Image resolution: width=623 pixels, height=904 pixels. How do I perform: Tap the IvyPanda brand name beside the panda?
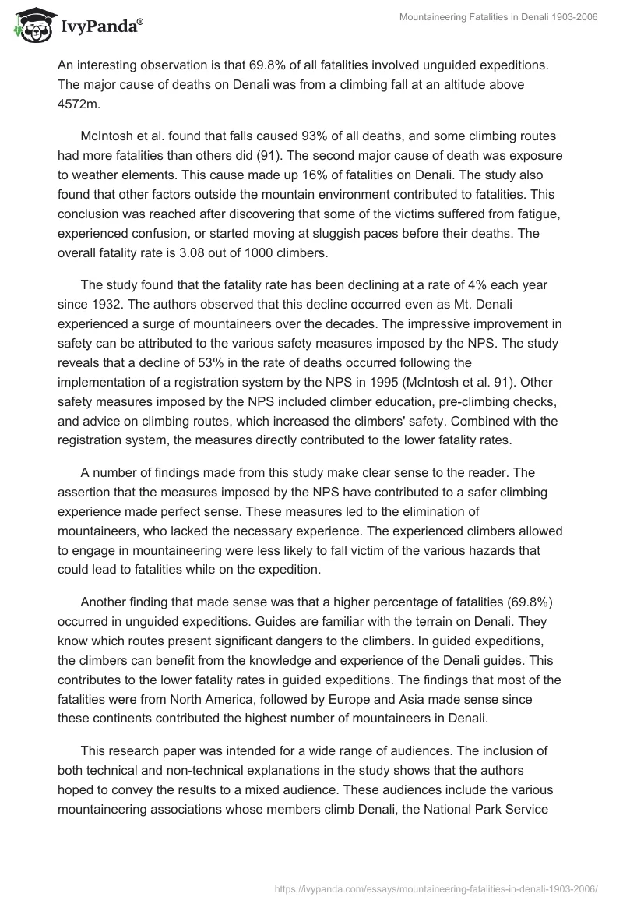click(x=99, y=26)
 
